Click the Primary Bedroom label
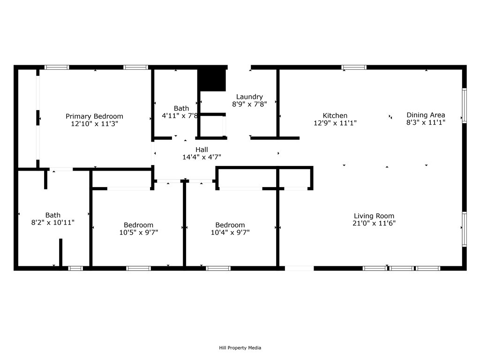94,116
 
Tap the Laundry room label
249,97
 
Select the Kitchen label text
335,116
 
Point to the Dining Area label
426,115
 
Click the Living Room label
374,216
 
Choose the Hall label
202,150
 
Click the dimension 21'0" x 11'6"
374,224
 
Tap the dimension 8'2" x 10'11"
52,223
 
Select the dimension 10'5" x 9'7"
138,232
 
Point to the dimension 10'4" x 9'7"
230,232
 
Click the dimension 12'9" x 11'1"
335,123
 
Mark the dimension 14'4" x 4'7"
202,157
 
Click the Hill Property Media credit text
240,348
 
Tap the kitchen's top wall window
354,67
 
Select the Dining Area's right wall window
464,105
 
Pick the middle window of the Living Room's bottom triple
402,268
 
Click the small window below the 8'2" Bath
75,268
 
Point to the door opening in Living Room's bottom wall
299,268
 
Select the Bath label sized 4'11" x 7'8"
181,108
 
